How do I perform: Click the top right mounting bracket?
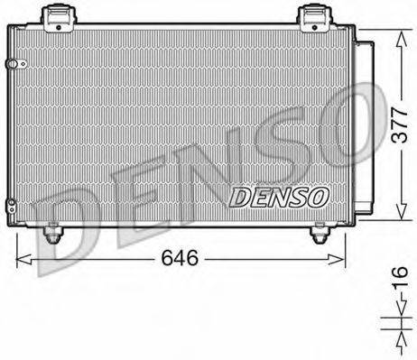[x=313, y=15]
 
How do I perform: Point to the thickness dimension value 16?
[x=398, y=289]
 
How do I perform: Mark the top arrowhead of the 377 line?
[x=397, y=33]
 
